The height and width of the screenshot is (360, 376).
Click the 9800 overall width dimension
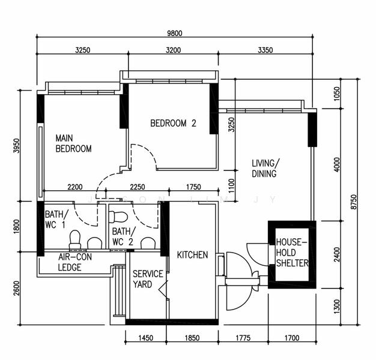point(175,34)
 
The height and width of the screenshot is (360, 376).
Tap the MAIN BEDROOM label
point(73,143)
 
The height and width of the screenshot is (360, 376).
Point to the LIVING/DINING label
point(264,169)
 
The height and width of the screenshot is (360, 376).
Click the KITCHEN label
point(192,255)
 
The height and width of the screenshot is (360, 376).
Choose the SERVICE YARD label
point(147,278)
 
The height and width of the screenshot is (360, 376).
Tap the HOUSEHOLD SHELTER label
point(292,253)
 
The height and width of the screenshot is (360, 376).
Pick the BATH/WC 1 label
point(56,220)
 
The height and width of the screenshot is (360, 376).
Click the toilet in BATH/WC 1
point(76,239)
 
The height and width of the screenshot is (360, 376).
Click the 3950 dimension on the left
point(16,147)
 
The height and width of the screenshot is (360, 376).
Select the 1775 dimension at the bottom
point(243,338)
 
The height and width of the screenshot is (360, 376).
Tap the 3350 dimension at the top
point(264,50)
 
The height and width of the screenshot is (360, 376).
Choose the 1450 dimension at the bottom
point(146,338)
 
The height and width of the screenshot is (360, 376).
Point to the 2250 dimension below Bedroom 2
point(138,187)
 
